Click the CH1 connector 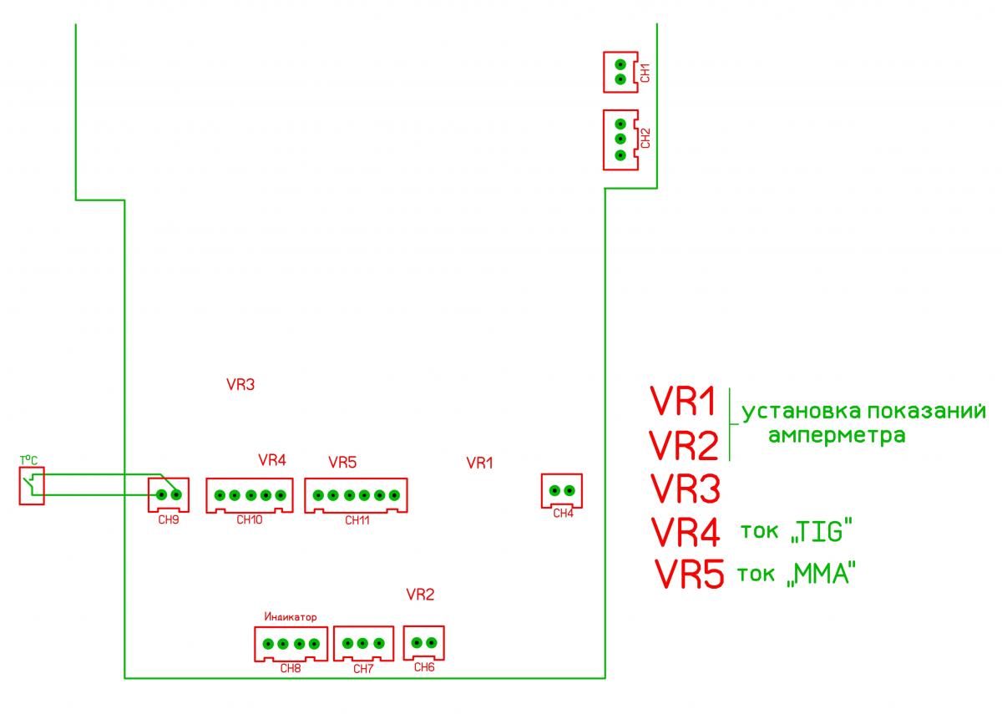(x=620, y=72)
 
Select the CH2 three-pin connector (x=620, y=139)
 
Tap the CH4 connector (x=562, y=490)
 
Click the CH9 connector (x=169, y=494)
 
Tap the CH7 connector (x=363, y=644)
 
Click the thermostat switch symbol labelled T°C (x=31, y=485)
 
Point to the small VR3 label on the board (x=240, y=385)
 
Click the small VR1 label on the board (x=480, y=462)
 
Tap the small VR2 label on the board (x=420, y=595)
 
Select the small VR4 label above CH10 (x=272, y=459)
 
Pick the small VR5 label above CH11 (x=342, y=461)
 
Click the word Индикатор (x=291, y=617)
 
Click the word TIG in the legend (x=824, y=531)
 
